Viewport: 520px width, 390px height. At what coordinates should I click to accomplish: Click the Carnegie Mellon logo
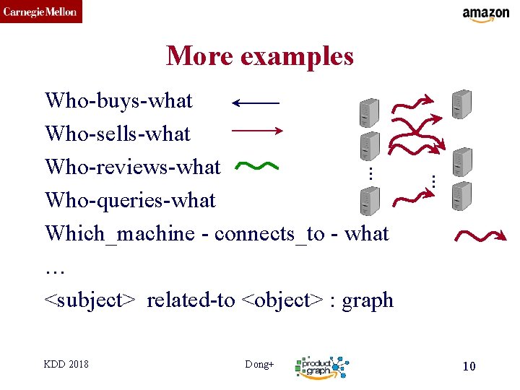[x=41, y=12]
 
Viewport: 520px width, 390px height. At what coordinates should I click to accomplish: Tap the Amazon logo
[x=485, y=14]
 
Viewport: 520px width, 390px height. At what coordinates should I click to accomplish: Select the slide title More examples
[x=259, y=56]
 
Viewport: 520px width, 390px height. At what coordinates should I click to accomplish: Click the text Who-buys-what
[x=118, y=100]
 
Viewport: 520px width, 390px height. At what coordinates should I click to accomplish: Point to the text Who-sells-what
[x=117, y=134]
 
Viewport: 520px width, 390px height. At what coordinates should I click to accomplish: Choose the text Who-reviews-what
[x=132, y=167]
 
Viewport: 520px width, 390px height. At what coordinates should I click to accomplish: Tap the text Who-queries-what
[x=130, y=200]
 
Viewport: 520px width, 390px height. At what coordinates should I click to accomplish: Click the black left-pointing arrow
[x=255, y=103]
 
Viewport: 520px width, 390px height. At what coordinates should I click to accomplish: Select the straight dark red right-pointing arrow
[x=256, y=131]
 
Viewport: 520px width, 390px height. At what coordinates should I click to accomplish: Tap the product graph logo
[x=322, y=367]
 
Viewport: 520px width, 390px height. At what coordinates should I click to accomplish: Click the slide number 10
[x=469, y=366]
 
